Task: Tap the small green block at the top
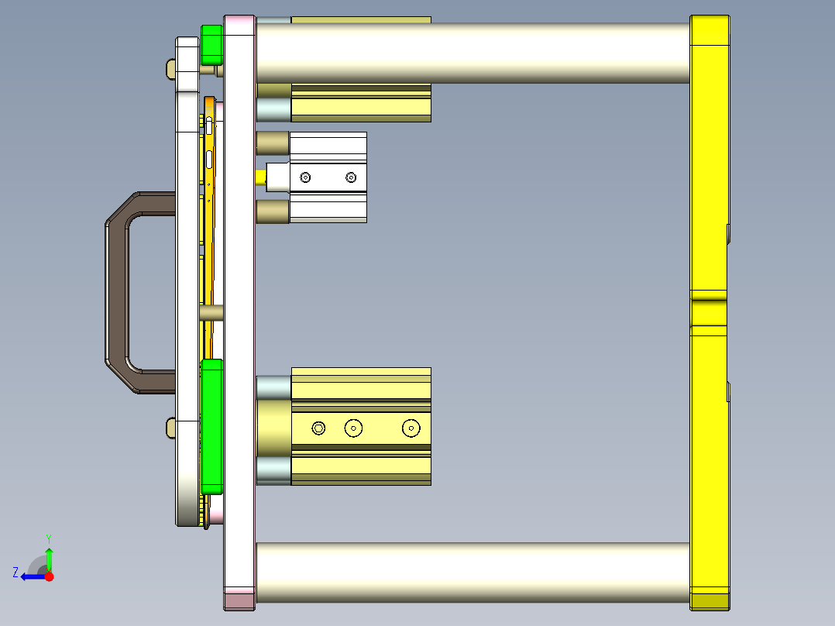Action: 211,45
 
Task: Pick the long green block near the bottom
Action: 211,426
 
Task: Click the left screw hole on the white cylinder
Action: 305,178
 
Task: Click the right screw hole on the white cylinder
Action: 351,178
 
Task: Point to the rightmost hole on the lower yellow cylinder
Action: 410,428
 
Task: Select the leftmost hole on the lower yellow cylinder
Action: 318,428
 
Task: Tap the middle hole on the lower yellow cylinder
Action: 354,428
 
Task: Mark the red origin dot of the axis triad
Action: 49,576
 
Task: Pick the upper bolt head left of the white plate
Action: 170,70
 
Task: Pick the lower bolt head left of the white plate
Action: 170,427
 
